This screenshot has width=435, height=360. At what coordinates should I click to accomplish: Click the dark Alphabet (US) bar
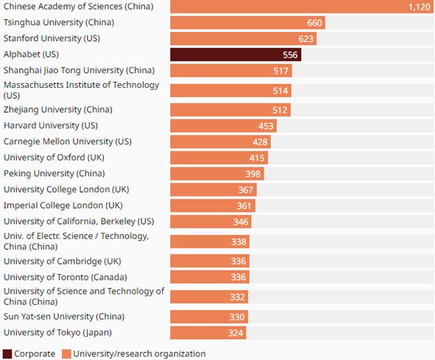pyautogui.click(x=235, y=54)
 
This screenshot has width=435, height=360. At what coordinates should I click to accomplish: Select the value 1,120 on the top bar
pyautogui.click(x=420, y=7)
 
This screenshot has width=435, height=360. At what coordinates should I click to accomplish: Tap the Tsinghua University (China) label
pyautogui.click(x=59, y=22)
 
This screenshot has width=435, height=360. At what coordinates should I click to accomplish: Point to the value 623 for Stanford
pyautogui.click(x=305, y=38)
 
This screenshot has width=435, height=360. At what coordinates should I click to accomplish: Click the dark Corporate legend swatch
pyautogui.click(x=8, y=354)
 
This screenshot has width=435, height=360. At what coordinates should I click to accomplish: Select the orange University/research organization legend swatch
pyautogui.click(x=66, y=354)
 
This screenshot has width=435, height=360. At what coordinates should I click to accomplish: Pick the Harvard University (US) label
pyautogui.click(x=50, y=126)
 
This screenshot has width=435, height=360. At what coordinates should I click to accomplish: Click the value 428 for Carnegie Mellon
pyautogui.click(x=259, y=142)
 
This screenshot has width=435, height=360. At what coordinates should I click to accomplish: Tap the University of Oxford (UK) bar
pyautogui.click(x=218, y=158)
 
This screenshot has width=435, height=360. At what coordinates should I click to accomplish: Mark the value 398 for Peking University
pyautogui.click(x=253, y=174)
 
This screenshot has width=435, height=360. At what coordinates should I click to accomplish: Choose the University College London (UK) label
pyautogui.click(x=66, y=190)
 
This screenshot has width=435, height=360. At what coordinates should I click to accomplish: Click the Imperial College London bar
pyautogui.click(x=212, y=206)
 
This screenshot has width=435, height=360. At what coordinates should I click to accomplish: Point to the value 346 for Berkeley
pyautogui.click(x=241, y=222)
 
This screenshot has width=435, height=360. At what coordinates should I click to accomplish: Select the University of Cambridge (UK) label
pyautogui.click(x=62, y=262)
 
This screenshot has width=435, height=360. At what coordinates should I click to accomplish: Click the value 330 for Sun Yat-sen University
pyautogui.click(x=236, y=317)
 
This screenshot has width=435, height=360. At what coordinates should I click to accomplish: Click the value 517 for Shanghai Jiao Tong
pyautogui.click(x=281, y=70)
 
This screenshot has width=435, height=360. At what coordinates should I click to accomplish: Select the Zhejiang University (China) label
pyautogui.click(x=58, y=110)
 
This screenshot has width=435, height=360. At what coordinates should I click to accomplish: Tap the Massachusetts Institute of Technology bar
pyautogui.click(x=230, y=90)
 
